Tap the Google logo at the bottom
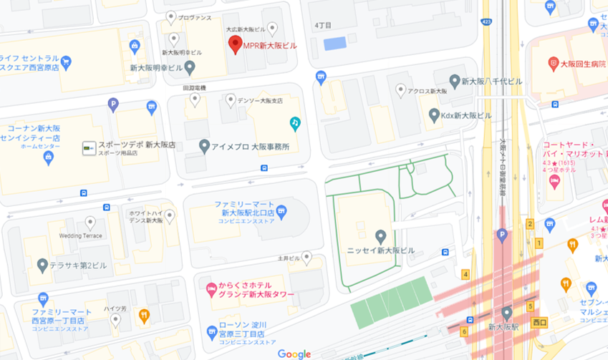294,354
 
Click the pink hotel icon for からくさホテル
211,290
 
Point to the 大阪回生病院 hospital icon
553,64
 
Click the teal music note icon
294,123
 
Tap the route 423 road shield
488,22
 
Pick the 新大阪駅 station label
503,327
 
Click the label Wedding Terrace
81,235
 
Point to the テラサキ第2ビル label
77,266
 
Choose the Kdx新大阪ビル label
465,115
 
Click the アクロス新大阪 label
428,91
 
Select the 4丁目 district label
324,25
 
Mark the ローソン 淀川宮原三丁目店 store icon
212,331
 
